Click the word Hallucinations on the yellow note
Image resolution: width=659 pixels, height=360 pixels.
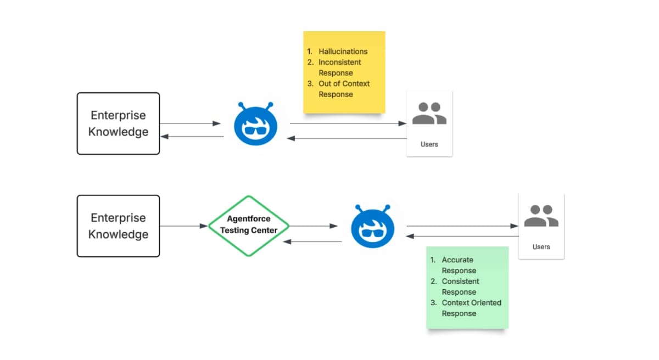(343, 52)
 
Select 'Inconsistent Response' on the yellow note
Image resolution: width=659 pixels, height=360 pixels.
(339, 67)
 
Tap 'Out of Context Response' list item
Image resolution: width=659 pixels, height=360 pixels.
(344, 89)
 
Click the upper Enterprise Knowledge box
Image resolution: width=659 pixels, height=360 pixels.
(118, 123)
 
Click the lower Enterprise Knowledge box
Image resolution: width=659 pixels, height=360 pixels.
(118, 226)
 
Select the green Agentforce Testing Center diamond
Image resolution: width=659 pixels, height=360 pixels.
(249, 226)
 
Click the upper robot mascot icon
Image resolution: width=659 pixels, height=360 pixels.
(255, 125)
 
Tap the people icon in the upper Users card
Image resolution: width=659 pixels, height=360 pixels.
(429, 114)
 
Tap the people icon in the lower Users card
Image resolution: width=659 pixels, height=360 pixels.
(541, 216)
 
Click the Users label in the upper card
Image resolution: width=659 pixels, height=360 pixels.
(429, 144)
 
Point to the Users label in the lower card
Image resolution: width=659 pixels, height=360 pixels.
(541, 247)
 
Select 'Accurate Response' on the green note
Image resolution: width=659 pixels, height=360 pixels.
(459, 265)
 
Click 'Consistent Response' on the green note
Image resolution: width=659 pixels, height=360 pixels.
(460, 286)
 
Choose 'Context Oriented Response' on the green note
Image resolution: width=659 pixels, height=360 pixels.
(471, 308)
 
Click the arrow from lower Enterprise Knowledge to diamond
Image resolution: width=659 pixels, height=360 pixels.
(184, 226)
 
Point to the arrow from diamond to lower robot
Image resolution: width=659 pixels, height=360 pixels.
(313, 226)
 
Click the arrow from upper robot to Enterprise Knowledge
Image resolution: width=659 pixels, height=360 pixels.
(192, 137)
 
